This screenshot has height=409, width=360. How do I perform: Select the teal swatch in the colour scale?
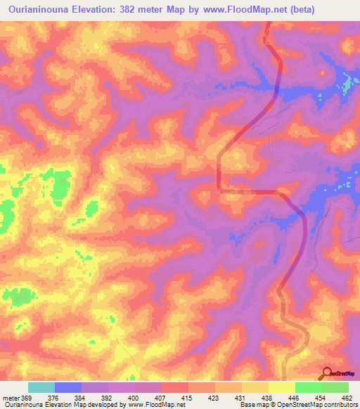[x=41, y=387]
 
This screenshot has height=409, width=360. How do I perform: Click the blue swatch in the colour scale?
[x=68, y=387]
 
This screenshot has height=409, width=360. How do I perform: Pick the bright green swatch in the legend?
[x=309, y=387]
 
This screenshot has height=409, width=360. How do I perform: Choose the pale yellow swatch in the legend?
[x=282, y=387]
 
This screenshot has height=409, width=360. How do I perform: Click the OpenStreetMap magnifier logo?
[x=328, y=373]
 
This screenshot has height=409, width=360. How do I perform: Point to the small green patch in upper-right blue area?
[x=346, y=87]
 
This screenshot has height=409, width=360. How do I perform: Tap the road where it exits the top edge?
[x=268, y=25]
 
